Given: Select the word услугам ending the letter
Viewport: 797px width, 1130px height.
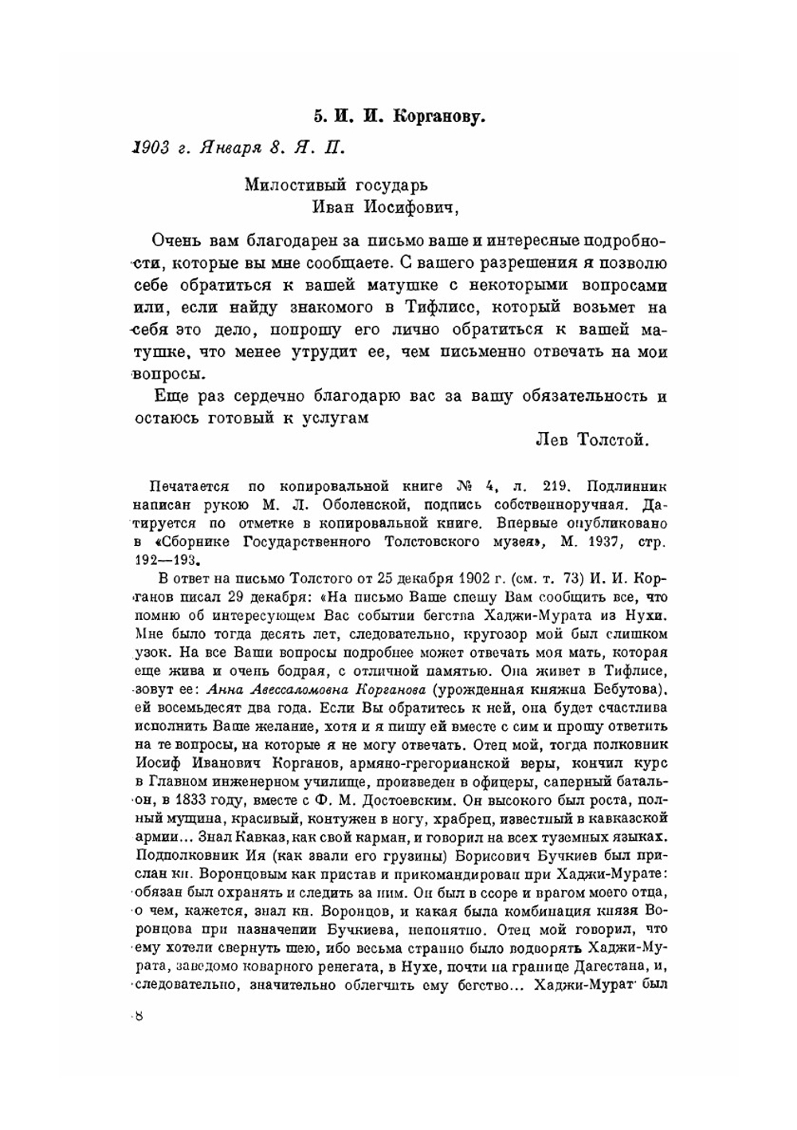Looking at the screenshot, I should (335, 418).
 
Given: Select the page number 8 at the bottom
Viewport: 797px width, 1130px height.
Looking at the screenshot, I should (139, 1015).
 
